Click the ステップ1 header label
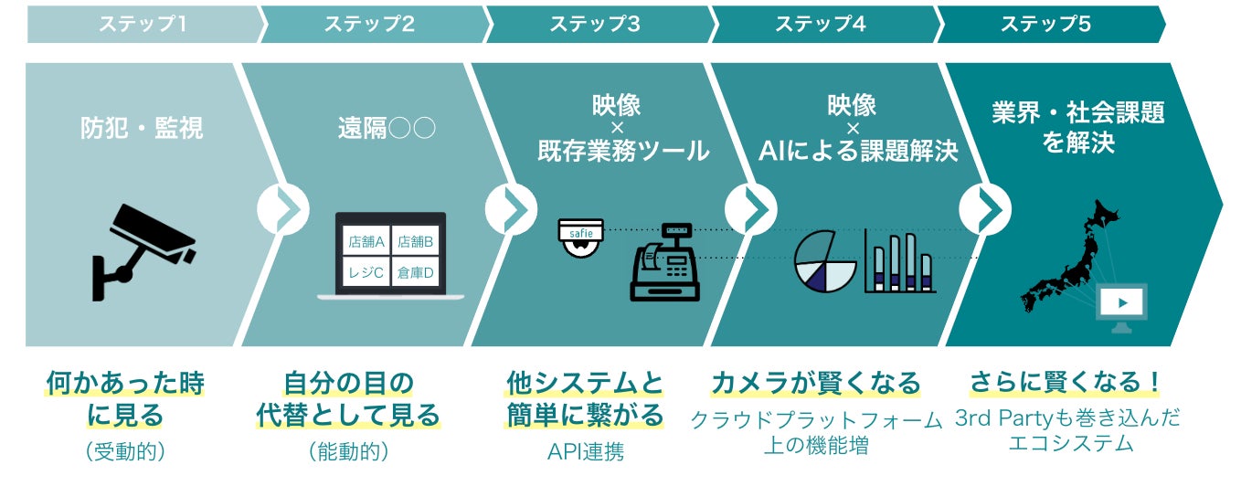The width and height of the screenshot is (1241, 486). click(143, 25)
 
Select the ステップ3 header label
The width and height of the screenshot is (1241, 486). click(594, 25)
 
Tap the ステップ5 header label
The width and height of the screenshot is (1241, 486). click(1045, 25)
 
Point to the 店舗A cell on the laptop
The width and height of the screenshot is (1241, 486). click(366, 243)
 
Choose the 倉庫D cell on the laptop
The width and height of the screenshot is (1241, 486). click(416, 272)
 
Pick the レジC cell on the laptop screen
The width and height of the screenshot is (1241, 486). click(366, 272)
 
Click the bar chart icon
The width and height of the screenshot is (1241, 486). click(900, 262)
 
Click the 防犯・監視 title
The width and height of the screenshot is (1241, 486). click(142, 128)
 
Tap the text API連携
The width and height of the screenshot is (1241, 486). click(586, 451)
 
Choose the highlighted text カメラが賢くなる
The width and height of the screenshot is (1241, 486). click(815, 381)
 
